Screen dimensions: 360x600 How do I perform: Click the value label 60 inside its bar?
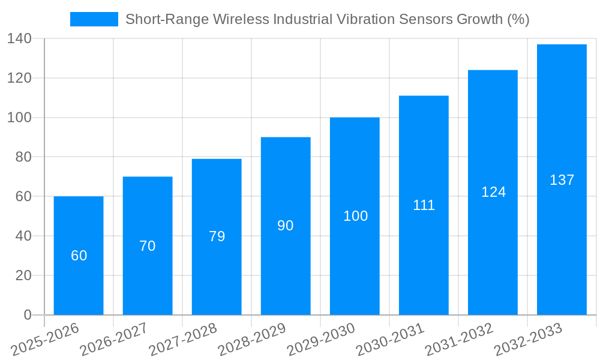[x=79, y=256]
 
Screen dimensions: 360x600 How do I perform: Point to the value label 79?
[x=217, y=236]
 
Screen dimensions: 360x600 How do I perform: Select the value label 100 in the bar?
[x=355, y=216]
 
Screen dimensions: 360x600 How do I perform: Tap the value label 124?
[x=493, y=192]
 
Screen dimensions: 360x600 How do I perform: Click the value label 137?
[x=562, y=180]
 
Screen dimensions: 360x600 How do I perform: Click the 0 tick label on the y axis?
[x=27, y=315]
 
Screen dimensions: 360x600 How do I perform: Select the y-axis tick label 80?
[x=23, y=157]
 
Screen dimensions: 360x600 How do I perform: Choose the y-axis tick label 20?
[x=23, y=275]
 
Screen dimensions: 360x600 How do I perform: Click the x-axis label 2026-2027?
[x=114, y=338]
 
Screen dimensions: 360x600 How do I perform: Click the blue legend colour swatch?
[x=94, y=19]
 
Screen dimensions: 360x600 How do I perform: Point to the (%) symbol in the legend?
[x=518, y=19]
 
